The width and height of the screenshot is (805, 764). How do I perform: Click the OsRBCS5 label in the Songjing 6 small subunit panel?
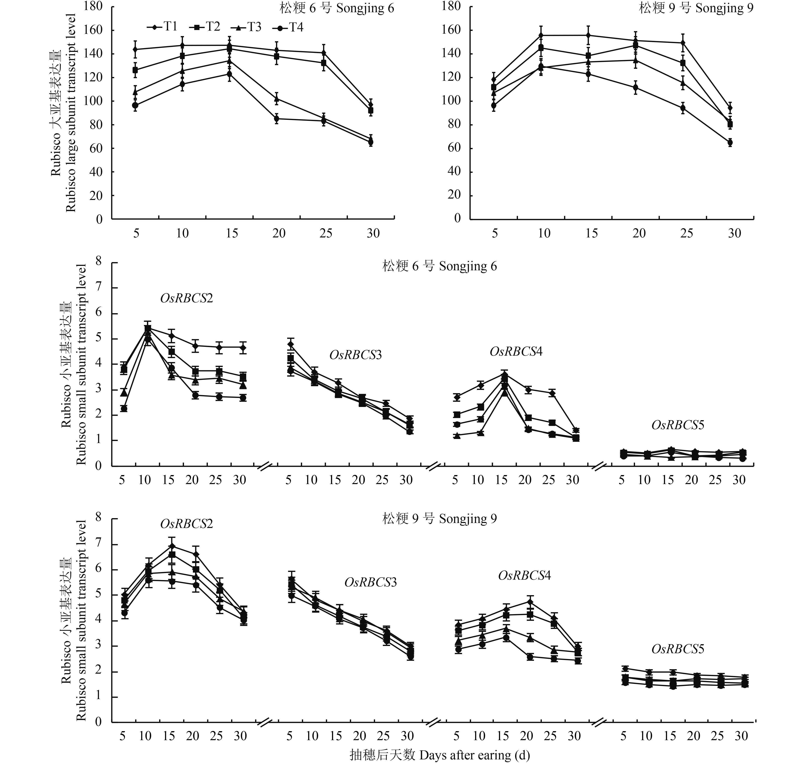(678, 425)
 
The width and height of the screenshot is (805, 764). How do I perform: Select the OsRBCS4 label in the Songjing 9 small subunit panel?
(524, 575)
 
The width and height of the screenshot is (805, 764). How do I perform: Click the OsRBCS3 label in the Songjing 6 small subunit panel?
(355, 355)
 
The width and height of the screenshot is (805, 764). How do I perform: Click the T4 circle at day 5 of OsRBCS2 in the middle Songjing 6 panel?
(124, 409)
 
